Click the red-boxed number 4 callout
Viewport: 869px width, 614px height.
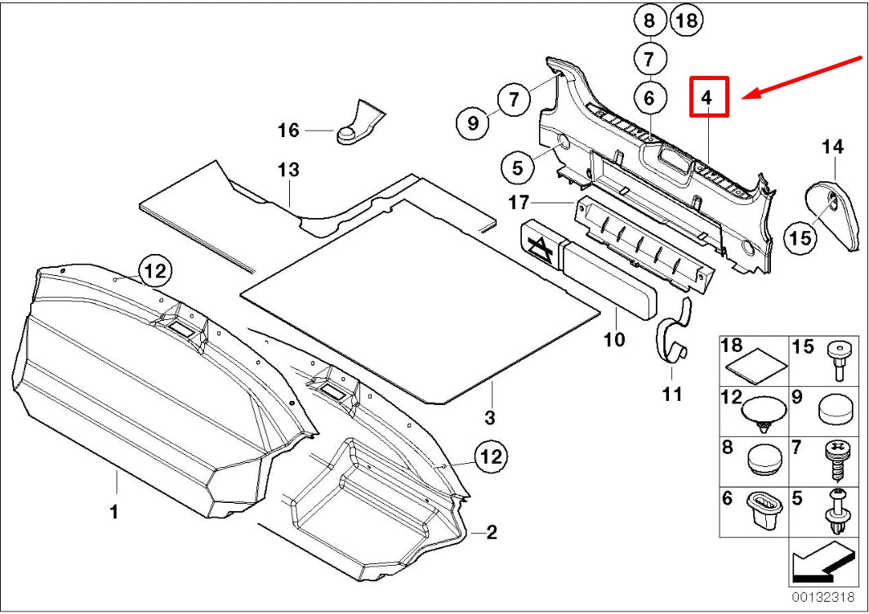[707, 97]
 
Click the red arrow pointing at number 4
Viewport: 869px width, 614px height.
[804, 78]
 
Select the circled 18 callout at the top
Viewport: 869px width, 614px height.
[686, 21]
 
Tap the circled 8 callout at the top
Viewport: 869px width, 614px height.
[649, 21]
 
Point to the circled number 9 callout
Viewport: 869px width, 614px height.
[472, 123]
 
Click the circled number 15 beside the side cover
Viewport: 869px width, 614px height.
[800, 237]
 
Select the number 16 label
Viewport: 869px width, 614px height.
[288, 131]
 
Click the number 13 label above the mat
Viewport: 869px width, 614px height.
[288, 171]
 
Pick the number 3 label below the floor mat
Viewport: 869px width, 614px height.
[489, 418]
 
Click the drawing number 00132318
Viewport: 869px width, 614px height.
[822, 597]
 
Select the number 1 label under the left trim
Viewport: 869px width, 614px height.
[114, 512]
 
